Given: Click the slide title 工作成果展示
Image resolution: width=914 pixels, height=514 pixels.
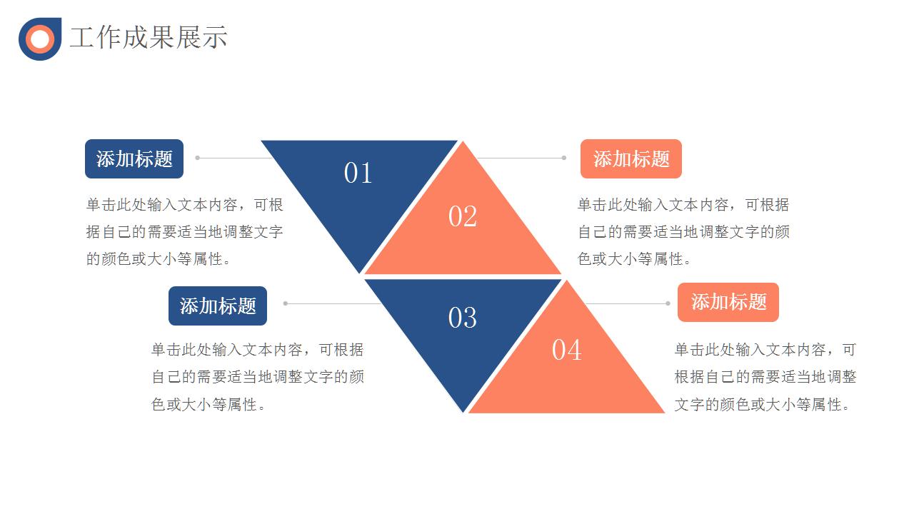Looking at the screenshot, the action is click(149, 38).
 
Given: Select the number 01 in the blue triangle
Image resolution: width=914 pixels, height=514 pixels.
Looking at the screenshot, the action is click(358, 173).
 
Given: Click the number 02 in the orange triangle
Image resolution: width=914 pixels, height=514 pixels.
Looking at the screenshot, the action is click(462, 216).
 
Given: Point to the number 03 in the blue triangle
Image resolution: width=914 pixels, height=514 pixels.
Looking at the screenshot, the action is click(462, 318).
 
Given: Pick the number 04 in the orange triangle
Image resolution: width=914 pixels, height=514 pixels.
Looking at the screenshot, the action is click(567, 350).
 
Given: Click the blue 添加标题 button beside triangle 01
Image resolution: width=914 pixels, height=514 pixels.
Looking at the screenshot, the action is click(134, 158).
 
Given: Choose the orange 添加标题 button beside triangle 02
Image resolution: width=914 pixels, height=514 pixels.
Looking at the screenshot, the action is click(631, 158).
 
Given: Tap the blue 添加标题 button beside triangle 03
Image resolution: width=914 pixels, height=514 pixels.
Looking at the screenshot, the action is click(218, 306).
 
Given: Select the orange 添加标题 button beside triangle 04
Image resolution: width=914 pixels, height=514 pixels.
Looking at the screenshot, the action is click(728, 302).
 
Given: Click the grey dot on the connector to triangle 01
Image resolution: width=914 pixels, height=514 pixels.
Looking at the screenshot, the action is click(198, 158).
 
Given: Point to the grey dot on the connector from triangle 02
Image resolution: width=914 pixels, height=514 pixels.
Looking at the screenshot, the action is click(564, 158).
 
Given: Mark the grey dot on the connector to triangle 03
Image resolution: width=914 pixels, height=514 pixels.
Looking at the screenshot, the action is click(286, 303).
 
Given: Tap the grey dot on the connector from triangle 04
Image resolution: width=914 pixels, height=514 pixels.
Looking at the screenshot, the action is click(668, 303).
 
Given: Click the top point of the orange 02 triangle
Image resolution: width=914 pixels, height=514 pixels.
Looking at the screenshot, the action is click(463, 141).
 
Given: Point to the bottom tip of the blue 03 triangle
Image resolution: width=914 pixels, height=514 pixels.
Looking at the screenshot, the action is click(463, 413).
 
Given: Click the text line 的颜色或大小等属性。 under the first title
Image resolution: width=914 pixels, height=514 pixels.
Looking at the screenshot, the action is click(158, 259).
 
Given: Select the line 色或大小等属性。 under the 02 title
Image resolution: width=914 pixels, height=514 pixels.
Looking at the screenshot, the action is click(634, 259).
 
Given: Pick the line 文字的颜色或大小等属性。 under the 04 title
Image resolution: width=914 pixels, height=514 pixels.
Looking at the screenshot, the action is click(762, 405).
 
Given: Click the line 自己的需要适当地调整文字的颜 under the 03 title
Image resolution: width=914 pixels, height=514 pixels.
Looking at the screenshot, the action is click(258, 376).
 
